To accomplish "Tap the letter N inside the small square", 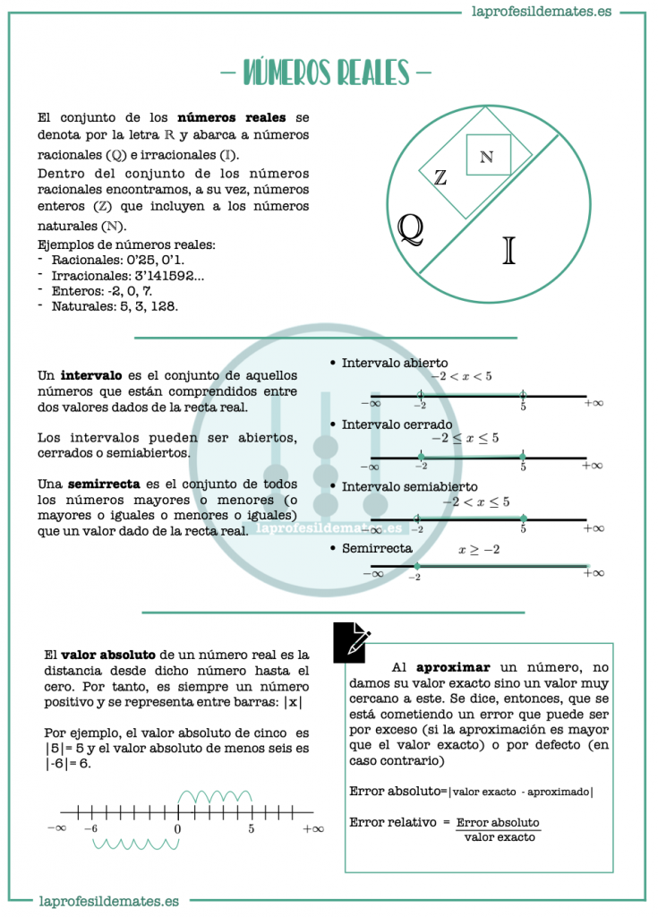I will point(486,158).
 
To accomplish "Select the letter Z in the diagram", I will point(440,177).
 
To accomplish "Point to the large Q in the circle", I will point(410,229).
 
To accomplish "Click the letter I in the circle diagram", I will point(509,250).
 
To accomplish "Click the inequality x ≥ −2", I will point(479,549).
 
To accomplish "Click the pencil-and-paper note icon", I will point(352,642).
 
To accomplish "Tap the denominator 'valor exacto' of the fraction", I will point(500,837).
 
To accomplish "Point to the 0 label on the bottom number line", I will point(177,829).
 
